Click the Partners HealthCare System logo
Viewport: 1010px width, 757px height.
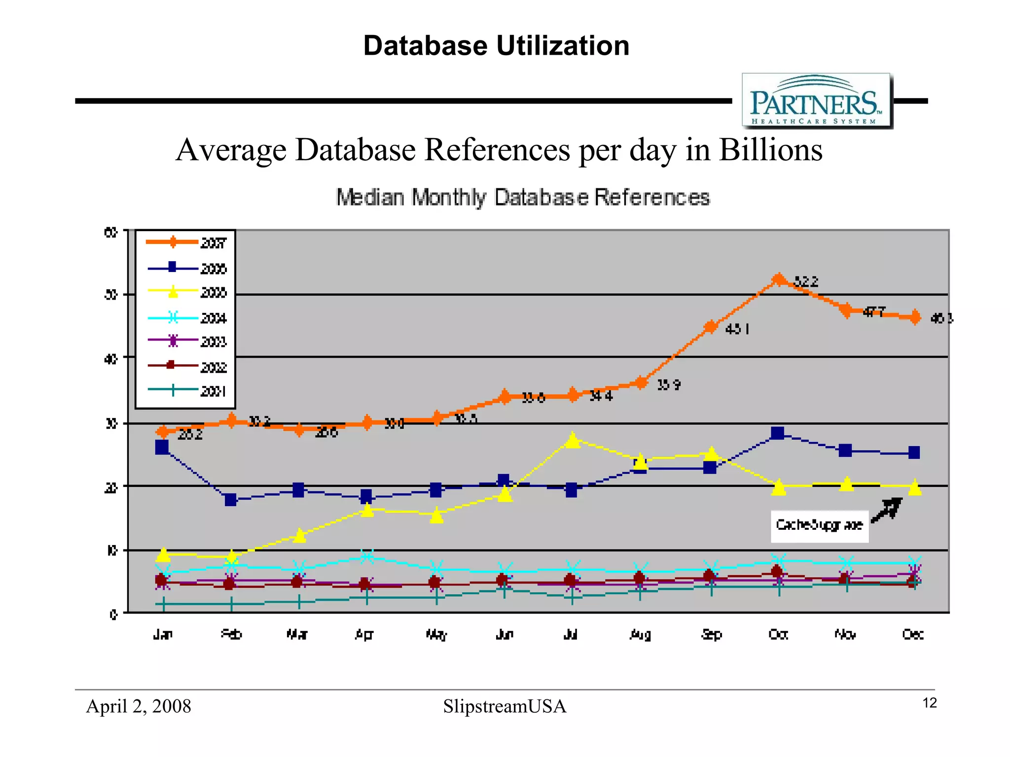(x=817, y=101)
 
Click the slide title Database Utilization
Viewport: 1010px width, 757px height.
(x=496, y=46)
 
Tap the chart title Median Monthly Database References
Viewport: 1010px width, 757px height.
(x=523, y=197)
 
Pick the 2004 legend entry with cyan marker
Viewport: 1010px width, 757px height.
(x=186, y=318)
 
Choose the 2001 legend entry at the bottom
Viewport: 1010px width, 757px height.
(x=186, y=391)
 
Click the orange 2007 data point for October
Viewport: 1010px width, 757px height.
(x=778, y=280)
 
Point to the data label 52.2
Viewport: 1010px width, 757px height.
(x=806, y=282)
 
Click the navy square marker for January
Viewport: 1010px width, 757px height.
(x=162, y=447)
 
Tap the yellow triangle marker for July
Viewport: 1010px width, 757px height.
(x=572, y=439)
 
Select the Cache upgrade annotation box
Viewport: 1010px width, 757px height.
(x=819, y=525)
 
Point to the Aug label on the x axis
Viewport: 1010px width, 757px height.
(x=641, y=634)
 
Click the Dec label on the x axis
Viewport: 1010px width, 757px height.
(x=913, y=634)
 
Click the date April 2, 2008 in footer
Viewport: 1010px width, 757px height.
(x=139, y=706)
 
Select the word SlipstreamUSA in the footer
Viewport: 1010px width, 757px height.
(x=505, y=706)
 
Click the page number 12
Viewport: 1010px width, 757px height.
(x=929, y=703)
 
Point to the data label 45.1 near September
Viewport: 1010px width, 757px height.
(x=737, y=329)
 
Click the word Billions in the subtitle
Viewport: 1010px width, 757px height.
(x=770, y=150)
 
